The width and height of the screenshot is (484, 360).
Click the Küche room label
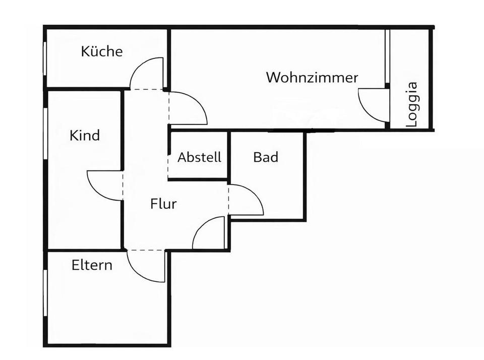(102, 51)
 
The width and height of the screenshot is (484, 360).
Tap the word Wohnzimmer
(312, 78)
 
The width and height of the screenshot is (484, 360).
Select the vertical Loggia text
(412, 104)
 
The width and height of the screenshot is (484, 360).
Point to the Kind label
(85, 136)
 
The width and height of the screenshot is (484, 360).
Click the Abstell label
(199, 157)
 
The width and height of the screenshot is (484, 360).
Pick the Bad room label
(266, 157)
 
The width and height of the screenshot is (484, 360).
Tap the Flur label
(163, 204)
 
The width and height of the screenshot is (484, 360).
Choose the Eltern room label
(92, 265)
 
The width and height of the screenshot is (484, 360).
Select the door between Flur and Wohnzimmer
(188, 109)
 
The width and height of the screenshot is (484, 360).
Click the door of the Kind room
(105, 185)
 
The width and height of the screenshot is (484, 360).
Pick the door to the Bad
(246, 200)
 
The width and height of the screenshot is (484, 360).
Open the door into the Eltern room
(146, 266)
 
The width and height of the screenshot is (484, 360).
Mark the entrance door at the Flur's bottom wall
(209, 233)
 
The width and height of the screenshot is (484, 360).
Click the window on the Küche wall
(45, 58)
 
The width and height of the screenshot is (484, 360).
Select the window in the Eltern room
(45, 293)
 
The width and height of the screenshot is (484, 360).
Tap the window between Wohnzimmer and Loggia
(387, 56)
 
